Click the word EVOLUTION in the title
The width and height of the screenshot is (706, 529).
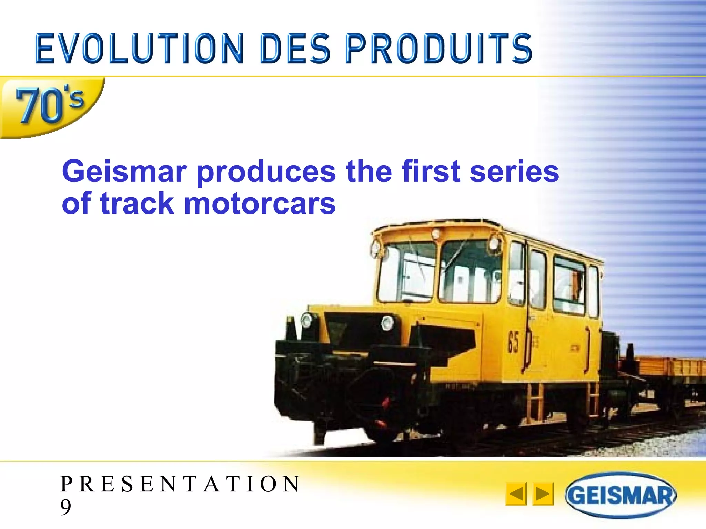coord(140,49)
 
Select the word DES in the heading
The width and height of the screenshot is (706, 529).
coord(295,49)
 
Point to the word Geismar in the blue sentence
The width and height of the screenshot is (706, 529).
coord(124,172)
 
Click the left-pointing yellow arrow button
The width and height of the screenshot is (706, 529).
coord(516,494)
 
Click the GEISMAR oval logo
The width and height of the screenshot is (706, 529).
coord(620,495)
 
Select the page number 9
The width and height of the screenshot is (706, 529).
coord(65,507)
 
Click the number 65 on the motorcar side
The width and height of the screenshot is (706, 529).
coord(513,342)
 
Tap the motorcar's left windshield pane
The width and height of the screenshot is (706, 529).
coord(407,272)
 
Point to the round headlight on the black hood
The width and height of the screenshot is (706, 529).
coord(387,323)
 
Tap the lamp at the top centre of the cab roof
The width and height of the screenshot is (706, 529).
coord(436,234)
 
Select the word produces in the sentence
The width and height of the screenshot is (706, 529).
coord(266,172)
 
